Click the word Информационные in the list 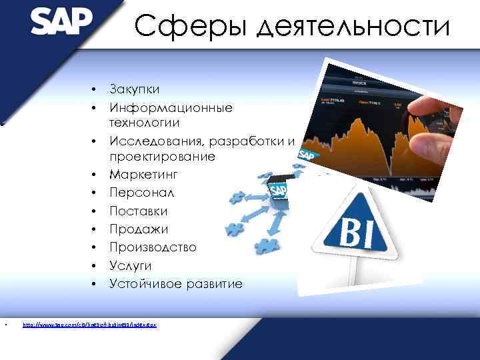(171, 107)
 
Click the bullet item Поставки (138, 211)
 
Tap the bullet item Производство (153, 247)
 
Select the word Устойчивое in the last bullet (143, 284)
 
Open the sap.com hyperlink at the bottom (89, 325)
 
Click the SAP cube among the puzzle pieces (278, 193)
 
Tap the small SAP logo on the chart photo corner (307, 156)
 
